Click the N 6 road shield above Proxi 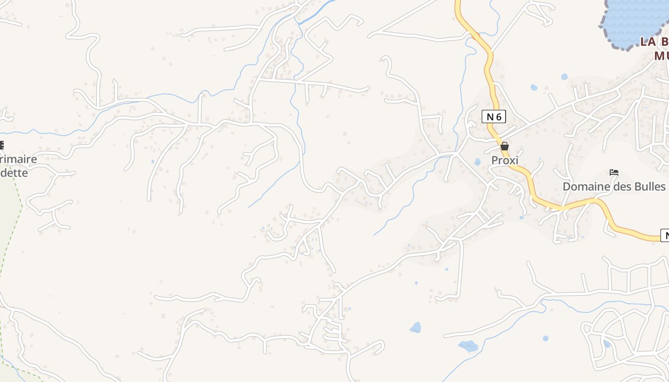pyautogui.click(x=494, y=117)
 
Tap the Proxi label pyautogui.click(x=505, y=160)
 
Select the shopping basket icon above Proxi pyautogui.click(x=505, y=146)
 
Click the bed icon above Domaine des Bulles pyautogui.click(x=614, y=172)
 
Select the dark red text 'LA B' pyautogui.click(x=654, y=42)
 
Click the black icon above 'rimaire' pyautogui.click(x=1, y=145)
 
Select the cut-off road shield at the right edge pyautogui.click(x=665, y=235)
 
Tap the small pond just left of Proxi pyautogui.click(x=477, y=162)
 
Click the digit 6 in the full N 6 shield pyautogui.click(x=499, y=117)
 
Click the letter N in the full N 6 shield pyautogui.click(x=489, y=117)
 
